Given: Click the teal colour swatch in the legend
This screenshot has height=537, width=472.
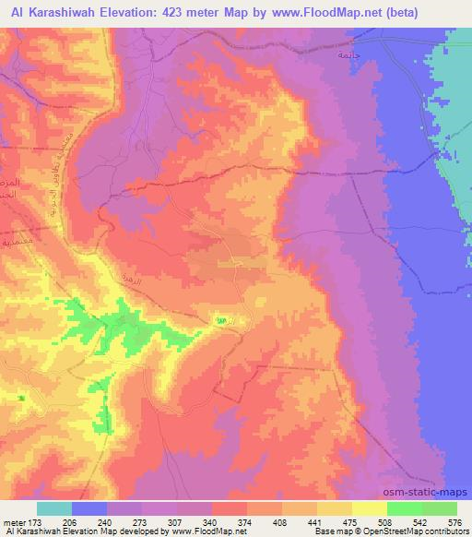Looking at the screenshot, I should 54,508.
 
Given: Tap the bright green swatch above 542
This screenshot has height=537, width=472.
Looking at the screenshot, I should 405,508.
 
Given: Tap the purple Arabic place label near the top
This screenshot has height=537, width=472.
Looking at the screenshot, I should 348,55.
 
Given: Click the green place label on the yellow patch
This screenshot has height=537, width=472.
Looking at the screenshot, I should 221,320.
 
